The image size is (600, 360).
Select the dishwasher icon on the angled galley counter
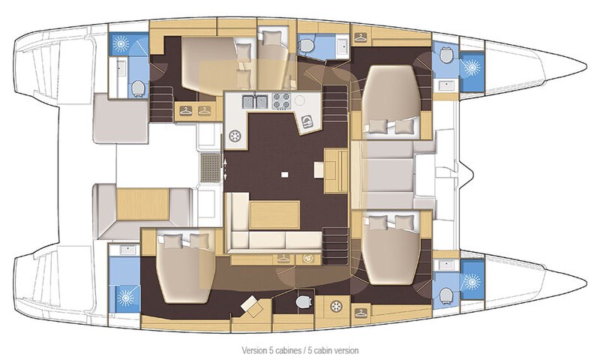[307, 122]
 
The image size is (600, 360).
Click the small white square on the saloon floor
[285, 175]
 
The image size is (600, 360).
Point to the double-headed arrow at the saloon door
[226, 168]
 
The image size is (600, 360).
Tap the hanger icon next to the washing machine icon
[283, 259]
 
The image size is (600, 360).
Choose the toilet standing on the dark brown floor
[302, 302]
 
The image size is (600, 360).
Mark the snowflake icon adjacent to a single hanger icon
[337, 306]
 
